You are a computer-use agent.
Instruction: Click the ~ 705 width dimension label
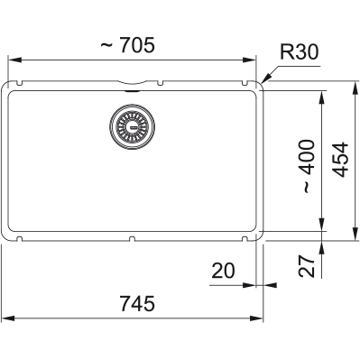(x=127, y=45)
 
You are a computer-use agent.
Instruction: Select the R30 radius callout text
(x=299, y=51)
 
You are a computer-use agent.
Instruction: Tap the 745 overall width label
(x=137, y=303)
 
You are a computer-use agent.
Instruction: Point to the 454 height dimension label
(x=341, y=160)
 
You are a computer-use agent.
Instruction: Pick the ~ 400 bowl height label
(x=309, y=166)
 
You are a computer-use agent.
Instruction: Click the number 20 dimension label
(x=223, y=271)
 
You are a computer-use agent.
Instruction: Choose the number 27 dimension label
(x=307, y=266)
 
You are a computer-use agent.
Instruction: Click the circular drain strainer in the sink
(x=133, y=126)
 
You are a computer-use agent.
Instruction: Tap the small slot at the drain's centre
(x=133, y=127)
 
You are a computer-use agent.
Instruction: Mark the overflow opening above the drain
(x=132, y=91)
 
